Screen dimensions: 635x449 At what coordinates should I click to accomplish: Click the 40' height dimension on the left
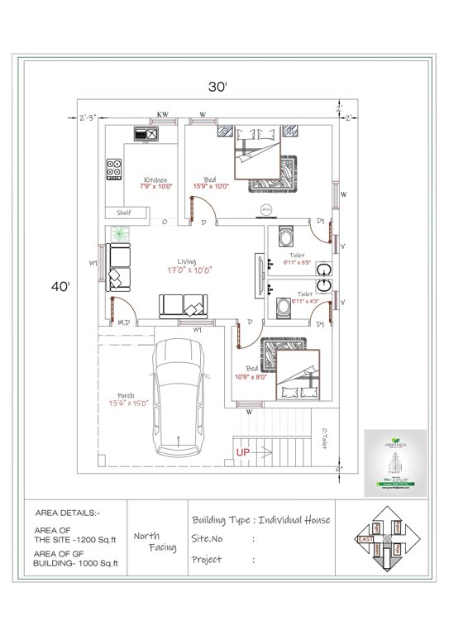pos(60,286)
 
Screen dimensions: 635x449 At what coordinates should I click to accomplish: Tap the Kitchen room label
pos(155,179)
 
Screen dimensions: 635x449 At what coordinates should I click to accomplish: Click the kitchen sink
pos(146,133)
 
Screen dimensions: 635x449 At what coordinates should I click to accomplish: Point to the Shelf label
pos(125,212)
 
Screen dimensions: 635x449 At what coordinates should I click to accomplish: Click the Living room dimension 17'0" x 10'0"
pos(190,270)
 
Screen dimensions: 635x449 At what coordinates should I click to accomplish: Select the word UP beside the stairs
pos(244,452)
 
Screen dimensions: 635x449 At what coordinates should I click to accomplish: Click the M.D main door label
pos(126,322)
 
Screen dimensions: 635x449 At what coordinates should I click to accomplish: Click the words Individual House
pos(294,519)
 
